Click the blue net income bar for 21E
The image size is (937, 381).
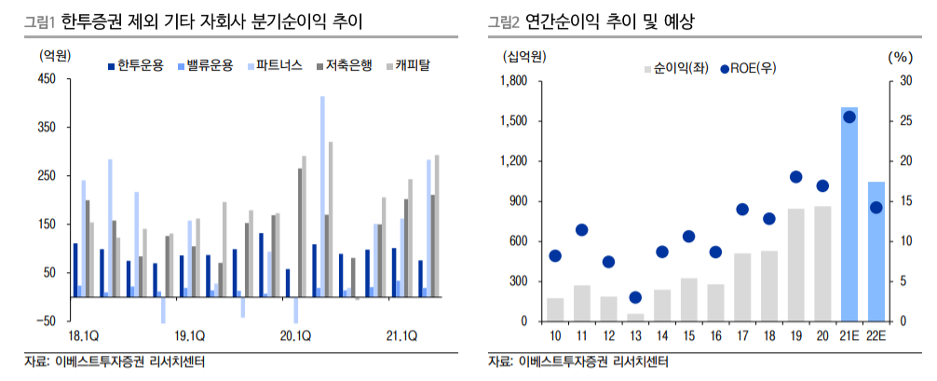[x=849, y=214]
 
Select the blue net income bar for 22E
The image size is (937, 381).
[x=876, y=252]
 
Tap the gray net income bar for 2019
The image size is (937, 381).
[x=795, y=265]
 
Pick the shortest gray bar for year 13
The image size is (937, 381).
[x=635, y=318]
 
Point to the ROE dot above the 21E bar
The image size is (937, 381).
[x=849, y=116]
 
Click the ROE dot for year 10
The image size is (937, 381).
[x=555, y=256]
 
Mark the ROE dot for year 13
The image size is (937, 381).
[x=635, y=297]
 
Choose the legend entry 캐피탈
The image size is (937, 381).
[x=411, y=66]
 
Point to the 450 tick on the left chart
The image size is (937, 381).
[x=48, y=80]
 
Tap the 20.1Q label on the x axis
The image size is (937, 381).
[x=296, y=335]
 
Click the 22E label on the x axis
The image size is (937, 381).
[x=876, y=335]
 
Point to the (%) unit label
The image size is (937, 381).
[x=899, y=57]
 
